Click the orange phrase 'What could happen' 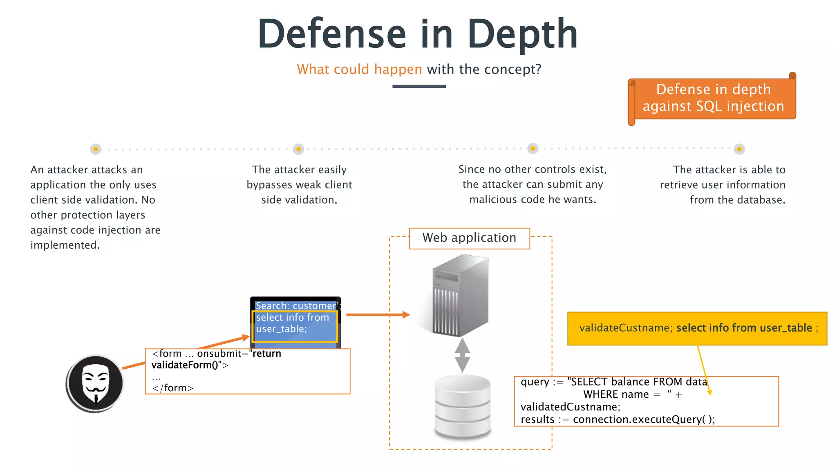pos(359,70)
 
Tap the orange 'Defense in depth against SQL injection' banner pos(713,98)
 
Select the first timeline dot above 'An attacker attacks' pos(96,149)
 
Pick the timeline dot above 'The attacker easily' pos(298,149)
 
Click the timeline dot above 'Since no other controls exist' pos(533,149)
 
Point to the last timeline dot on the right pos(739,149)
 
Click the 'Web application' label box pos(469,238)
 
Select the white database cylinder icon pos(463,406)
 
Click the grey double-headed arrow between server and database pos(462,355)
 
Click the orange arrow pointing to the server pos(378,315)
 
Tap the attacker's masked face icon pos(95,384)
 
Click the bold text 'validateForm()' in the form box pos(184,365)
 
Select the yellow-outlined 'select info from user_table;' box pos(294,326)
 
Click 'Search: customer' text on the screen pos(295,306)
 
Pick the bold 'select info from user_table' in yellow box pos(744,328)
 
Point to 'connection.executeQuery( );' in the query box pos(643,419)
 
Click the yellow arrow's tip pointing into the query pos(710,394)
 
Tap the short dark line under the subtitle pos(419,87)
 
